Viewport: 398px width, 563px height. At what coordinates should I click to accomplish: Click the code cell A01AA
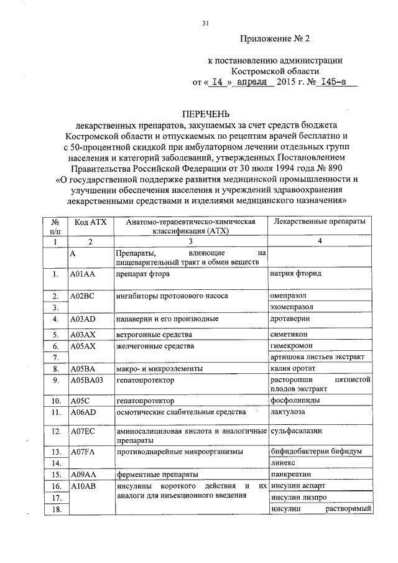click(x=82, y=273)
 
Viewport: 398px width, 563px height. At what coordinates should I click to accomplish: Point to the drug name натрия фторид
click(x=295, y=273)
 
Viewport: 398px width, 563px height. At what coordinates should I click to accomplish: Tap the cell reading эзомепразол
click(x=292, y=307)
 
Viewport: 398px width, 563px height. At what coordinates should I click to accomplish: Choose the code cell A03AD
click(x=82, y=319)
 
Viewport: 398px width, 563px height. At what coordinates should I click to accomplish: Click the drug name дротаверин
click(x=290, y=319)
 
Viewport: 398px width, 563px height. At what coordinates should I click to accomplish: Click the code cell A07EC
click(x=82, y=431)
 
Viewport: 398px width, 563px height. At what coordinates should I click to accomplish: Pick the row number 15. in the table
click(x=55, y=475)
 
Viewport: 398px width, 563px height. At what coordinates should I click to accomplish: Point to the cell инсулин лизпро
click(x=297, y=498)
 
